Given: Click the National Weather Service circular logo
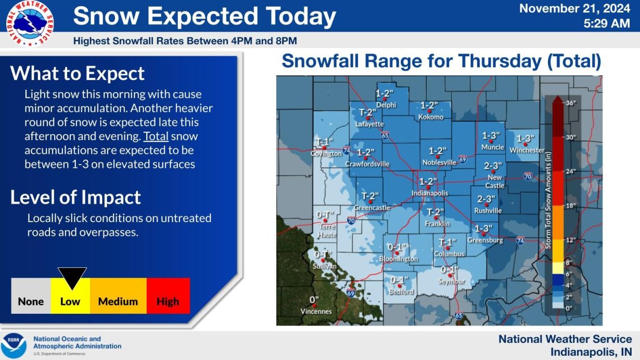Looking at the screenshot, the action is click(30, 23).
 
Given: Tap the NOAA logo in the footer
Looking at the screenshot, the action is click(14, 346).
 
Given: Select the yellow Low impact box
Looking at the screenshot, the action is click(70, 295).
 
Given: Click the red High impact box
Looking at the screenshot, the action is click(168, 295).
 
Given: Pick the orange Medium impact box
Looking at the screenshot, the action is click(118, 295).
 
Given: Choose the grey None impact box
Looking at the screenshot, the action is click(31, 295).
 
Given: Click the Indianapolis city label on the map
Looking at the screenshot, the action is click(430, 194).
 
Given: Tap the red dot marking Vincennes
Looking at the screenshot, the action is click(314, 305).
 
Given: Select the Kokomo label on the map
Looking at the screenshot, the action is click(431, 117).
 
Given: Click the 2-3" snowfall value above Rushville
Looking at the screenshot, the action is click(486, 199).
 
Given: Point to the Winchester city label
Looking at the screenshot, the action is click(527, 150).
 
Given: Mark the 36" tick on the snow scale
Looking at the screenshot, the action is click(571, 103).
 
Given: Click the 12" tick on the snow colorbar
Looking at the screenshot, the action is click(571, 240).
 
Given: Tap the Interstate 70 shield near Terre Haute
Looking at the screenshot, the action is click(351, 220).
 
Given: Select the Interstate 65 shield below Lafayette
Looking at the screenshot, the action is click(385, 135).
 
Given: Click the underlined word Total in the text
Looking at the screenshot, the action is click(156, 136).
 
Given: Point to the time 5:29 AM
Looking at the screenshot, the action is click(607, 23).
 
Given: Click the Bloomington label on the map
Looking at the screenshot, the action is click(398, 259).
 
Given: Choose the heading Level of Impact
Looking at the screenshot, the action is click(76, 197).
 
